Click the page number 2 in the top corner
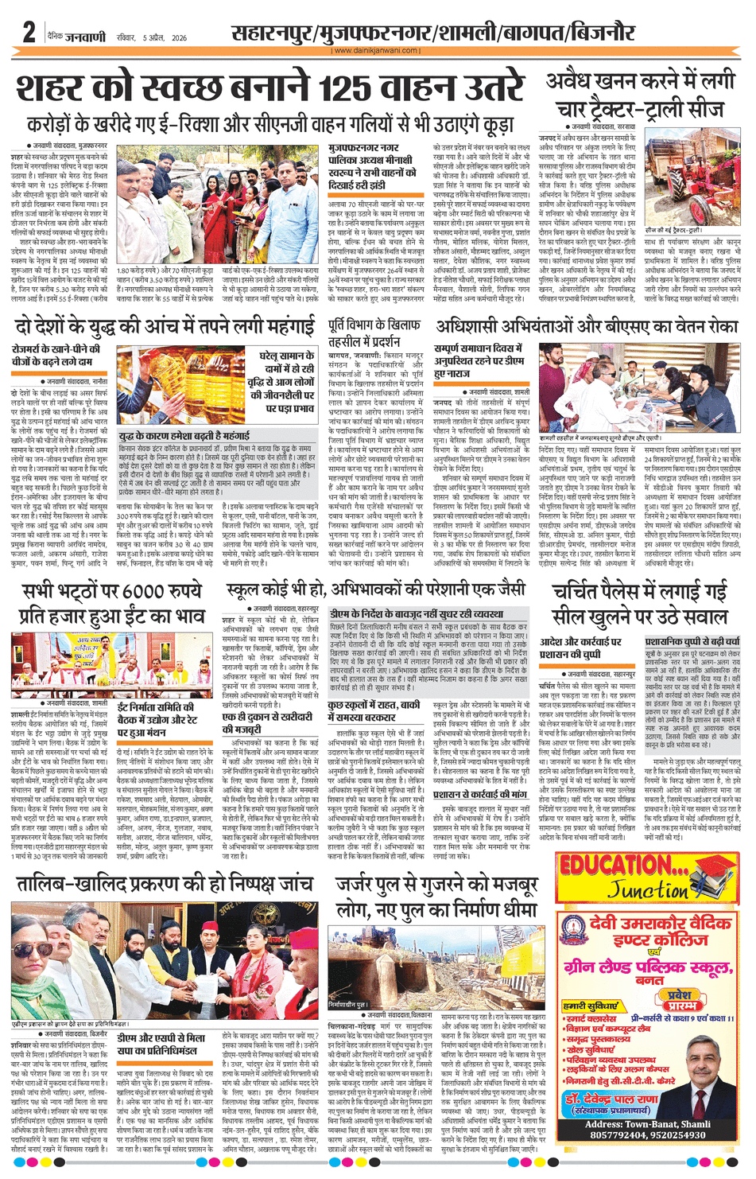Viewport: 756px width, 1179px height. (x=29, y=33)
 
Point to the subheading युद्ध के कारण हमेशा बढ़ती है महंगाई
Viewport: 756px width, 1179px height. (x=184, y=436)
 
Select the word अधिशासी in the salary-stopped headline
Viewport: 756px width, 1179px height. (x=475, y=327)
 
